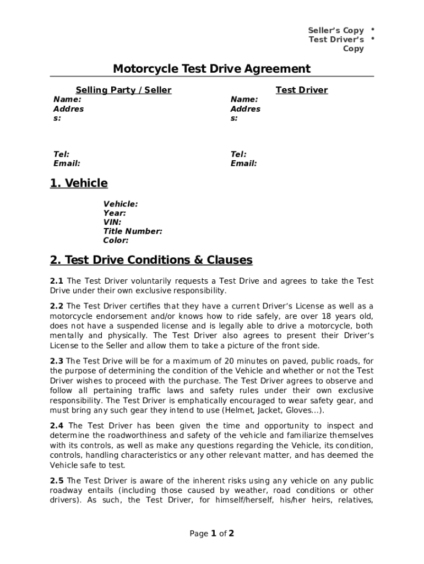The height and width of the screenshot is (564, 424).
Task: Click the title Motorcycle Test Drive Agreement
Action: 211,69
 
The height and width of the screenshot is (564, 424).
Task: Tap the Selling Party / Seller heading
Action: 123,90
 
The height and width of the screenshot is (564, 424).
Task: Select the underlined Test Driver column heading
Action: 301,90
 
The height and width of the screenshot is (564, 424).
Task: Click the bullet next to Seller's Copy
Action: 373,29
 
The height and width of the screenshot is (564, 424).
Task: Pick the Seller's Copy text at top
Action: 336,30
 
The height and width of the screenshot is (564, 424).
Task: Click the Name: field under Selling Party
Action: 67,99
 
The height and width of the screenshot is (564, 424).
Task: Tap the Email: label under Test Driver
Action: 244,164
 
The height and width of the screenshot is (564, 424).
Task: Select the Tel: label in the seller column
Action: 61,154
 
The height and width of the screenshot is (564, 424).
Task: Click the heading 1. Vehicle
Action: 79,183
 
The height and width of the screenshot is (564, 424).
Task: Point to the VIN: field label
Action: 112,222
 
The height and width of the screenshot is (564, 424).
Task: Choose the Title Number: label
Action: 133,231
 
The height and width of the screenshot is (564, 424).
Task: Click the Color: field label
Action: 116,240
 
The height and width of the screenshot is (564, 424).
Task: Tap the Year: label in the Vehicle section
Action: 115,213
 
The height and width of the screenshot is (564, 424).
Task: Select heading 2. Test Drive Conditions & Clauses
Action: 151,259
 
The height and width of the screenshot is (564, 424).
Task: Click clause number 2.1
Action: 57,281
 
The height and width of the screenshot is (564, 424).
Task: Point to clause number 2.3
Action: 57,361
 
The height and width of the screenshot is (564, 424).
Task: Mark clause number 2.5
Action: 57,480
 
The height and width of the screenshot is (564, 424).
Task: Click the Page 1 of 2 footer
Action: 212,533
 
